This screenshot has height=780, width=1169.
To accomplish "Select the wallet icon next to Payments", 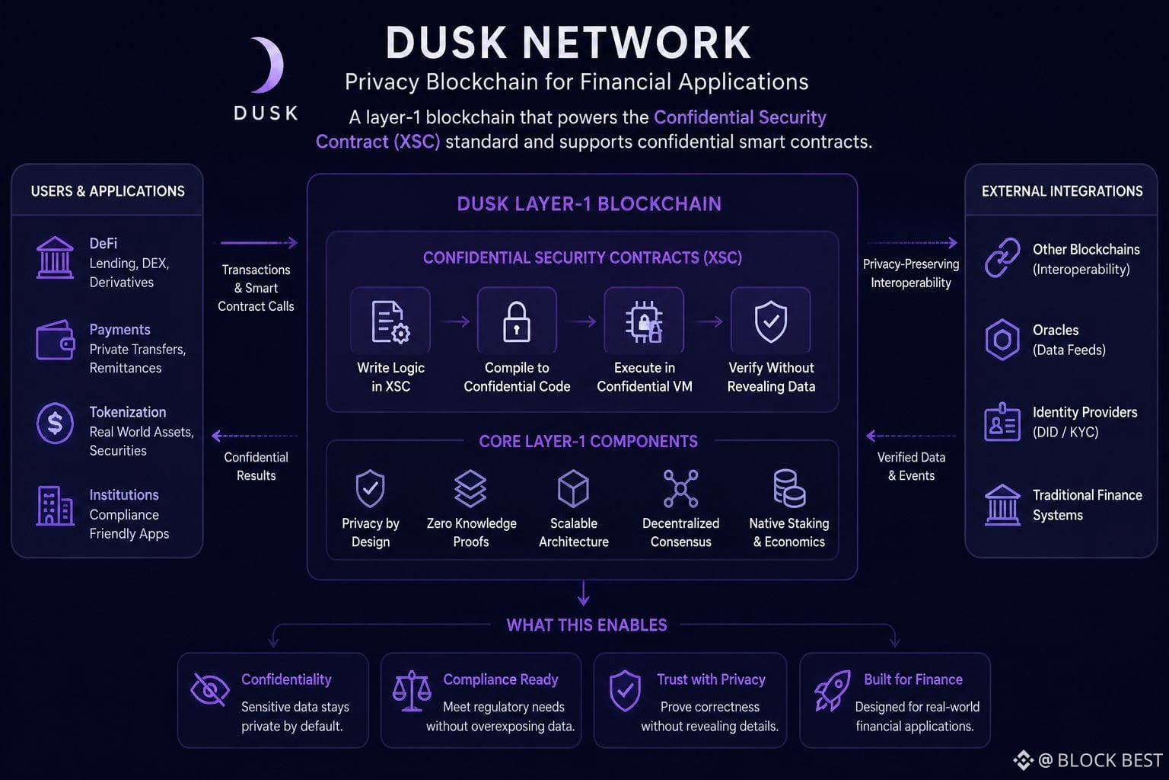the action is click(x=55, y=340).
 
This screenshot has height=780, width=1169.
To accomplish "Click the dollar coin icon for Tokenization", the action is click(x=55, y=424).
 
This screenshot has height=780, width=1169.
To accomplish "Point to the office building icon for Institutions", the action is click(x=55, y=505).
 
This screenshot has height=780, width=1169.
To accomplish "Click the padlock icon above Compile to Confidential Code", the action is click(x=517, y=321).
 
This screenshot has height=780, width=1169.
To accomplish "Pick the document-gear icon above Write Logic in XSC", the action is click(x=390, y=321).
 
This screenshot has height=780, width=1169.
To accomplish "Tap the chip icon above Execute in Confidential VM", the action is click(x=644, y=321).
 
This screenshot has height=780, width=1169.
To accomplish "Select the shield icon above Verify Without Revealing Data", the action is click(x=771, y=321).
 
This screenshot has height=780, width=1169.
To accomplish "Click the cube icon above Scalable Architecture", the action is click(x=574, y=488).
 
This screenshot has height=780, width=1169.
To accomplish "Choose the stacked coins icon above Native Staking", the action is click(x=789, y=488).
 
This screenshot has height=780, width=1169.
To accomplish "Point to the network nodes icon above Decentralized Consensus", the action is click(x=680, y=488).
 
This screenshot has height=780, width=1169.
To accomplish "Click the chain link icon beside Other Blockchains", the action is click(x=1002, y=257).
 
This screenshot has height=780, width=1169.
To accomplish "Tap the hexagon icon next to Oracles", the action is click(x=1002, y=340).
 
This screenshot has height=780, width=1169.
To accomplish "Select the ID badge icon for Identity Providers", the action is click(x=1002, y=422).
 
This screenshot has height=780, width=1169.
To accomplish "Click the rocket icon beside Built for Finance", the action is click(x=832, y=691).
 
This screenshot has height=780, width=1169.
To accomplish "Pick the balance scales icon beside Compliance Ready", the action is click(x=412, y=691).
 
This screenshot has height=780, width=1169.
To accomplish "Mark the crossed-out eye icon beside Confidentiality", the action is click(x=210, y=689).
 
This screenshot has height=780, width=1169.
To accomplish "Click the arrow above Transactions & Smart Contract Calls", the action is click(x=259, y=242).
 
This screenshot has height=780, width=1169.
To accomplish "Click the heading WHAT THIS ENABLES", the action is click(x=587, y=625).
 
